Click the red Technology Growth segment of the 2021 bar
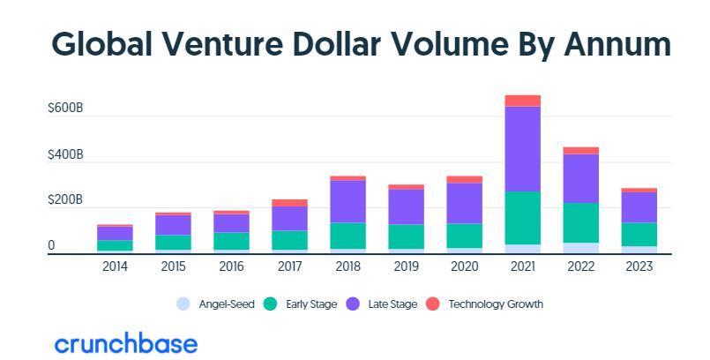[x=522, y=101]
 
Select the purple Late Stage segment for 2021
[x=522, y=149]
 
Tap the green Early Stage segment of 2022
[x=580, y=222]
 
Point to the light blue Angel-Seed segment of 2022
[x=580, y=248]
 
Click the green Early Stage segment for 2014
[x=115, y=245]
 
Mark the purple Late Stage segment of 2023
[x=639, y=207]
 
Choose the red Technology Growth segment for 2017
[x=289, y=203]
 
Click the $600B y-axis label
[x=65, y=109]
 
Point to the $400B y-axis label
[x=65, y=155]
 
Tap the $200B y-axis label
[x=65, y=200]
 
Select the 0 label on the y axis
[x=51, y=246]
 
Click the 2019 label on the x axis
[x=406, y=266]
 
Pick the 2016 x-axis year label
[x=231, y=266]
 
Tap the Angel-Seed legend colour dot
[x=183, y=304]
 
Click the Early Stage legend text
[x=311, y=304]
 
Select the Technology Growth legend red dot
[x=433, y=304]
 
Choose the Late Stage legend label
[x=392, y=304]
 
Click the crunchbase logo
[x=126, y=343]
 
